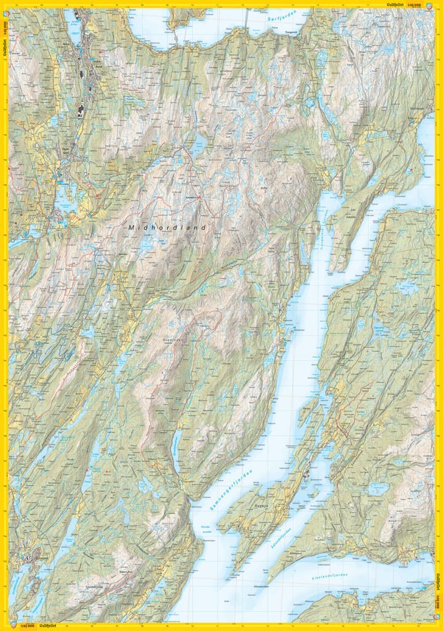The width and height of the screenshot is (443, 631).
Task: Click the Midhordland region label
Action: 166,228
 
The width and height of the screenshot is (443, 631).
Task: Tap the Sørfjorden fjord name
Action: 283,19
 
